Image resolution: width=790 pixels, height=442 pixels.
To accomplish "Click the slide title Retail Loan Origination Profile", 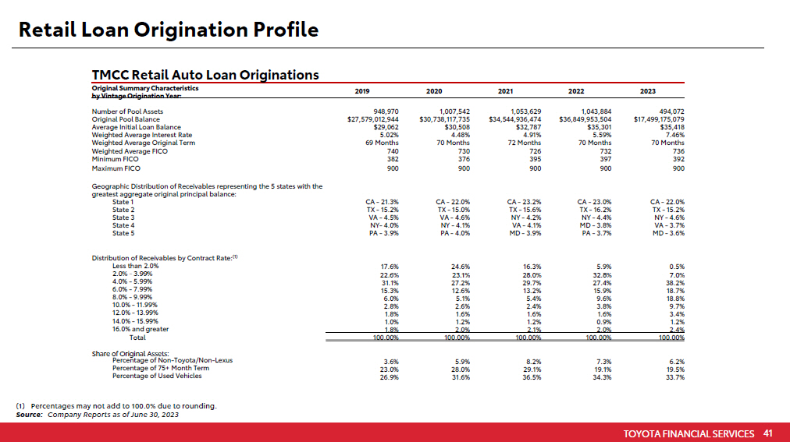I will [x=168, y=30].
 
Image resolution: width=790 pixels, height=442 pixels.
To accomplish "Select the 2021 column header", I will [x=505, y=91].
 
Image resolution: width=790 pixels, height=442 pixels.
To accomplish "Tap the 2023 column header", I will [x=647, y=91].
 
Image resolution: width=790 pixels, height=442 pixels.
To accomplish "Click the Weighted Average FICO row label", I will [x=130, y=151].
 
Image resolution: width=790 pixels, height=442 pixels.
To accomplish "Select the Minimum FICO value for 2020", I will [x=458, y=159].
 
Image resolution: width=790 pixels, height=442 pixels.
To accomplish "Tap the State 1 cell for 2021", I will [x=525, y=202].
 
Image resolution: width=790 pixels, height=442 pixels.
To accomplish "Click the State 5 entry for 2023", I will [x=667, y=233].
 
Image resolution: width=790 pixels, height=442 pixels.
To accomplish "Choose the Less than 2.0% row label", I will [x=135, y=266].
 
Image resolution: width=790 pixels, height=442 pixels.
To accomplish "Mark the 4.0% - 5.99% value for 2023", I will [x=676, y=282].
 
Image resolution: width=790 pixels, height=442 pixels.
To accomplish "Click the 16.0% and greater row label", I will [x=141, y=330].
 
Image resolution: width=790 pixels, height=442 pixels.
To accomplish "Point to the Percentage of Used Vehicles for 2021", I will [x=532, y=377].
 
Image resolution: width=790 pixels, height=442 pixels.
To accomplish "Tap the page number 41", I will [x=767, y=433].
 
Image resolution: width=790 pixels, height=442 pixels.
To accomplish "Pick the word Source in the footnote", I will [x=29, y=415].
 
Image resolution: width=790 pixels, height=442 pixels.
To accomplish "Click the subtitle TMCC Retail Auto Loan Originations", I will [x=205, y=75].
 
